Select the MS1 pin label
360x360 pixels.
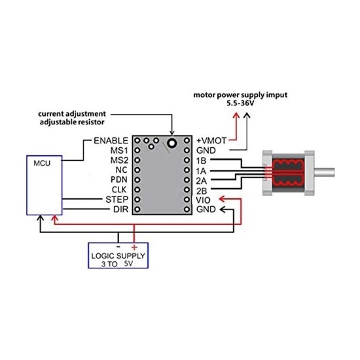pyautogui.click(x=118, y=150)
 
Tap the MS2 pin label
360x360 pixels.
pyautogui.click(x=118, y=160)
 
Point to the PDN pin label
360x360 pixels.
pyautogui.click(x=118, y=179)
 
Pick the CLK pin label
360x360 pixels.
pyautogui.click(x=118, y=189)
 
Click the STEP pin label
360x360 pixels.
pyautogui.click(x=116, y=199)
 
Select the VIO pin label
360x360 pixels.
pyautogui.click(x=204, y=199)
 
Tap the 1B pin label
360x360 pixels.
pyautogui.click(x=201, y=160)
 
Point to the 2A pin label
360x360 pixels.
pyautogui.click(x=202, y=179)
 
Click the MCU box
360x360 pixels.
pyautogui.click(x=43, y=185)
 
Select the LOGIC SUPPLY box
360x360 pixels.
pyautogui.click(x=119, y=255)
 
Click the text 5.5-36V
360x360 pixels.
pyautogui.click(x=241, y=103)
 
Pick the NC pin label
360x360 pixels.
pyautogui.click(x=121, y=170)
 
